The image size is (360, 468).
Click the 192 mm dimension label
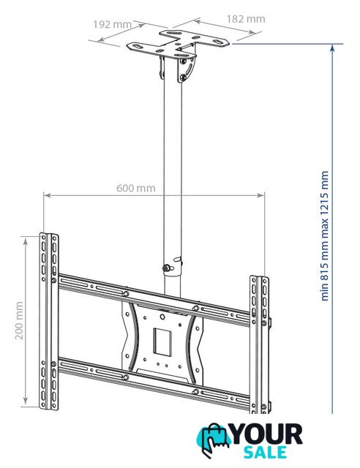pos(112,24)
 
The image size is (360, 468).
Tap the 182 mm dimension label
pos(246,19)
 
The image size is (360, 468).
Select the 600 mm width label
pos(135,189)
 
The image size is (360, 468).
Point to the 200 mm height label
pos(20,320)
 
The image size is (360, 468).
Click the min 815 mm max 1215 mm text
pos(324,235)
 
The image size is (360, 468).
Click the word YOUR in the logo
pos(267,434)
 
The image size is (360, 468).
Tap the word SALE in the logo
pos(265,452)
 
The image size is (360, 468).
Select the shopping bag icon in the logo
pos(214,439)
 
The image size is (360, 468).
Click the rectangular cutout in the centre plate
pos(162,341)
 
